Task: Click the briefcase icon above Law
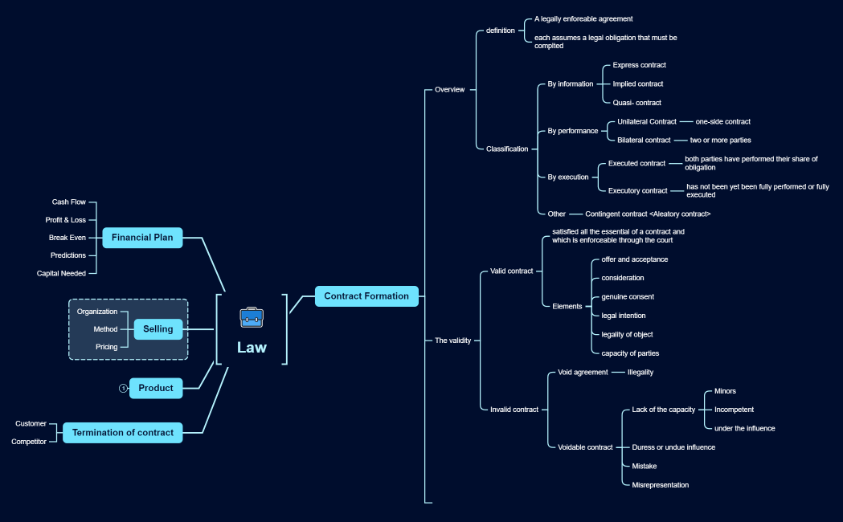pos(252,317)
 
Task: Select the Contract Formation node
pos(366,296)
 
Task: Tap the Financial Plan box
pos(142,238)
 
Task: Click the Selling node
pos(158,329)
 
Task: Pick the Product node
pos(156,388)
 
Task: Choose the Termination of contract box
pos(123,433)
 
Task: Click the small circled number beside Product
pos(123,388)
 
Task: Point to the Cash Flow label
pos(69,202)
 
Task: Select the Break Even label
pos(68,238)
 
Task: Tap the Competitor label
pos(29,442)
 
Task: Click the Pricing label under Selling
pos(107,347)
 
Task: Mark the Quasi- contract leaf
pos(637,103)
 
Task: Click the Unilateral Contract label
pos(647,122)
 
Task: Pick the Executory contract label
pos(638,191)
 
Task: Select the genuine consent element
pos(628,297)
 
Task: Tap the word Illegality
pos(640,373)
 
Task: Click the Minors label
pos(725,391)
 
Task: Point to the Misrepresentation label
pos(661,485)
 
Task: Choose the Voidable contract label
pos(585,447)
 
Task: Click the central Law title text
pos(252,348)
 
